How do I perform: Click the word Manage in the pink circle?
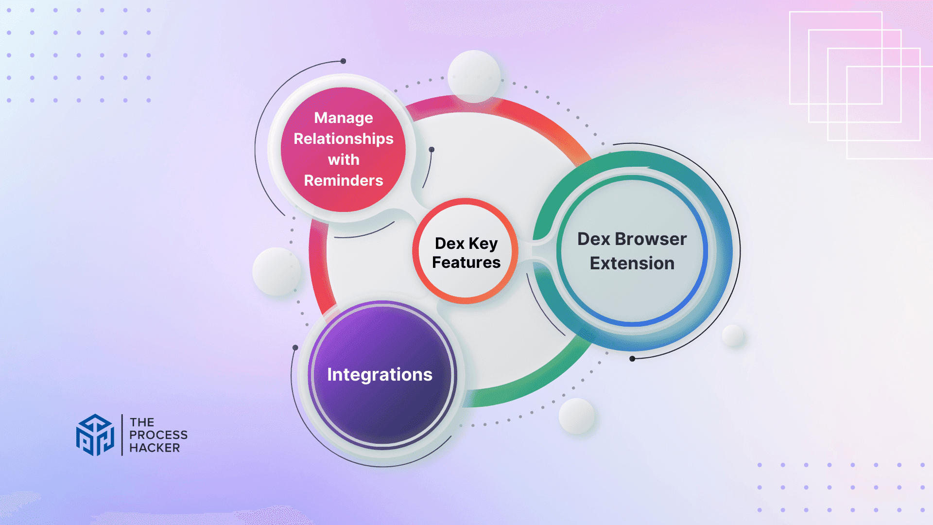344,118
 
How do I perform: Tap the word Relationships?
344,139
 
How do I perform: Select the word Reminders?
344,180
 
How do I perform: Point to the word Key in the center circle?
483,244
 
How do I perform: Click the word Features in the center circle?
466,262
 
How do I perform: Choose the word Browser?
651,239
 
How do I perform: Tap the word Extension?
632,263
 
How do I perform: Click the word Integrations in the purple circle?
380,375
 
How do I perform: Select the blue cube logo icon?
95,435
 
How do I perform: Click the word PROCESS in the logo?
158,435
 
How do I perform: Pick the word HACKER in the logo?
155,448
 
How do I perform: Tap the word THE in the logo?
142,422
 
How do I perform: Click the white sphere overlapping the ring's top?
474,76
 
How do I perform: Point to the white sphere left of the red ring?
276,271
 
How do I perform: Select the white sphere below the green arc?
577,416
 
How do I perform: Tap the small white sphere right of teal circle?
733,335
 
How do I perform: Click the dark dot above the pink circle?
343,61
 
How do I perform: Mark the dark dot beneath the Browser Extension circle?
632,359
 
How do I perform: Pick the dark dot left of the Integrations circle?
295,348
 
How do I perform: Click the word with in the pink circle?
344,159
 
